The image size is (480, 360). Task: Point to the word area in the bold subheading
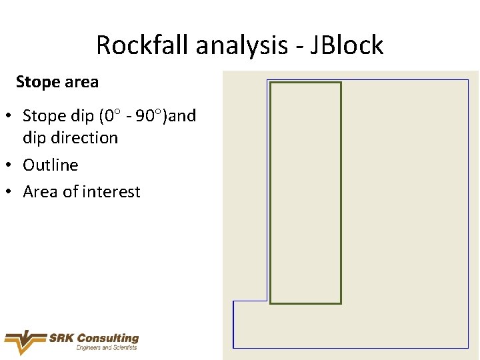[x=81, y=82]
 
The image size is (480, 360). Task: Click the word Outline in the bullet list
[x=51, y=165]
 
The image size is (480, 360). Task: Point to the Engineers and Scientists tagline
[x=107, y=348]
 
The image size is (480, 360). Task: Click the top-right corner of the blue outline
[x=469, y=80]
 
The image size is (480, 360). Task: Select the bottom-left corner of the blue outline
[x=233, y=347]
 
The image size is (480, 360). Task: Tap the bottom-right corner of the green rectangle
[x=341, y=303]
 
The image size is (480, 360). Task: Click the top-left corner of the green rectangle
[x=271, y=83]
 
